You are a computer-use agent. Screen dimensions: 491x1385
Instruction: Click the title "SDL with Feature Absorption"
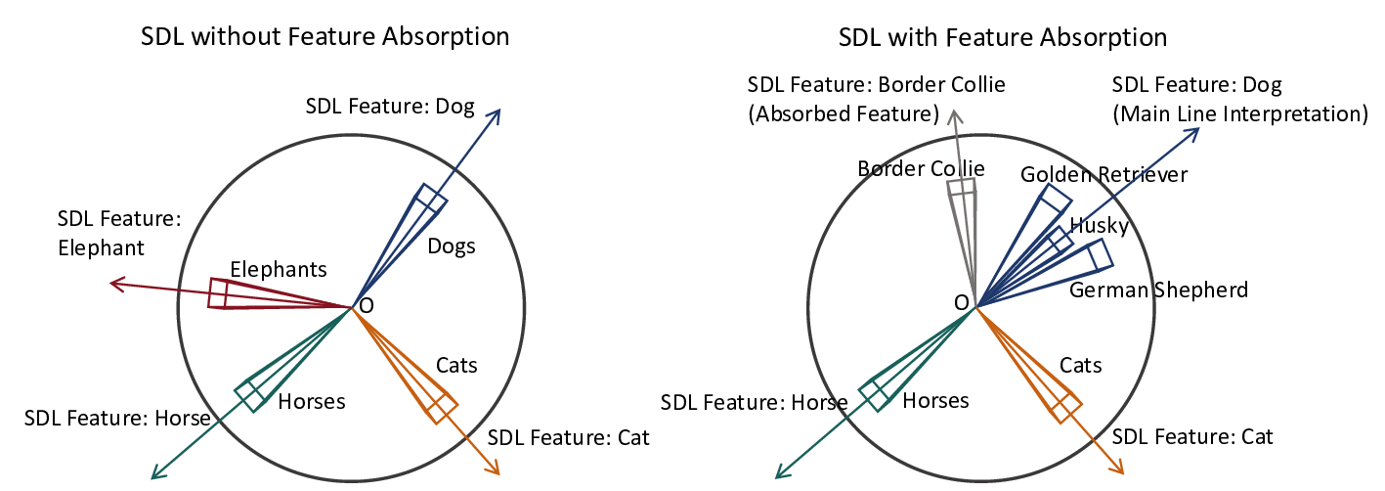[1003, 37]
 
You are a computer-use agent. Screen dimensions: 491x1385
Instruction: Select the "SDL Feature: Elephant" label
[120, 233]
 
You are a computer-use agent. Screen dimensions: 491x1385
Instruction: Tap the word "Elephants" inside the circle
[279, 269]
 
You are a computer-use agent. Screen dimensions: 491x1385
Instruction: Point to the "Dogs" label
[452, 245]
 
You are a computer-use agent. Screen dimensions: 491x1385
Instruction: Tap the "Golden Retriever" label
[1104, 174]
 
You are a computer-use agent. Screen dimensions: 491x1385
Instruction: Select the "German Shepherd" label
[1158, 290]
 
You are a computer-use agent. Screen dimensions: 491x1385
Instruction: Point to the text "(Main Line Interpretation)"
[1239, 113]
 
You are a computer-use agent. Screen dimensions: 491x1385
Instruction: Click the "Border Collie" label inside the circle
[921, 168]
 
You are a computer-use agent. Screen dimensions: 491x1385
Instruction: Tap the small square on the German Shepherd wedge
[1101, 254]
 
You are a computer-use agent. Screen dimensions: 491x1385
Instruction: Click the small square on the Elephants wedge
[219, 294]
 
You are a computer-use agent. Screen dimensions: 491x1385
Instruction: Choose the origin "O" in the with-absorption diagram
[961, 302]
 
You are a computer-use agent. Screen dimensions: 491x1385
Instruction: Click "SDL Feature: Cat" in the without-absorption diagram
[568, 436]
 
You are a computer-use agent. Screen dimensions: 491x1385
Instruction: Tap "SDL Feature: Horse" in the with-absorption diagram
[754, 402]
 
